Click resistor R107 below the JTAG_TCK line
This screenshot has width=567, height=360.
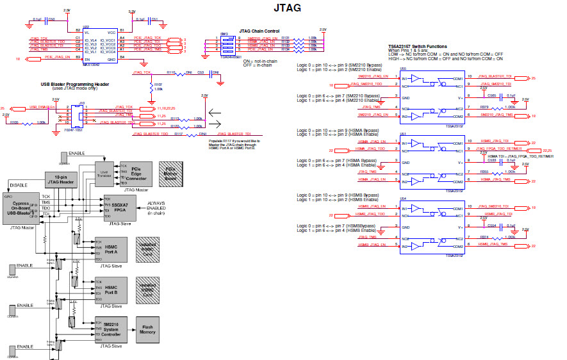[152, 86]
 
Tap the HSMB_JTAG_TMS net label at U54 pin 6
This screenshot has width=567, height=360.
[495, 245]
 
